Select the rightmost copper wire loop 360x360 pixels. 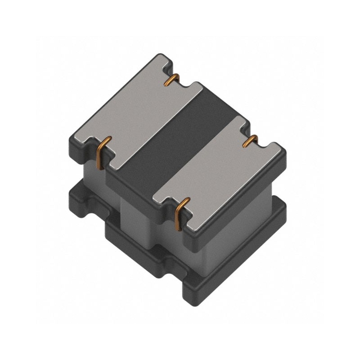pos(251,140)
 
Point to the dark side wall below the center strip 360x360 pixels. pos(135,189)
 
